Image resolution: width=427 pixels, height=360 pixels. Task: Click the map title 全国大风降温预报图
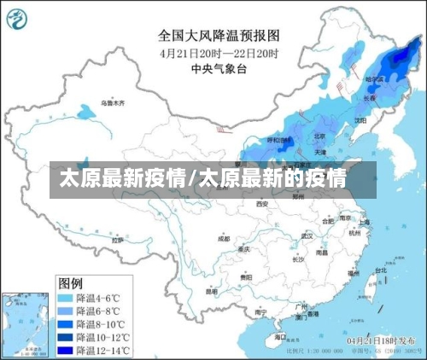[219, 36]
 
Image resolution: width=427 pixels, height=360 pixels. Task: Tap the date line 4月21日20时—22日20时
[219, 53]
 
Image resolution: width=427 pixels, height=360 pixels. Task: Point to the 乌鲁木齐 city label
[112, 103]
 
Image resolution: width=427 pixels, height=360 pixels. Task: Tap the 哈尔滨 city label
[374, 78]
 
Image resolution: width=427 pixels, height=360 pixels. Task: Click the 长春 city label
[370, 98]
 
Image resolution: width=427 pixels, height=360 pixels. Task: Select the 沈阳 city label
[360, 120]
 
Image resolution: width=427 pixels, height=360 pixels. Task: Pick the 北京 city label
[319, 136]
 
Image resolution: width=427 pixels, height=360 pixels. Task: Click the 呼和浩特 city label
[279, 140]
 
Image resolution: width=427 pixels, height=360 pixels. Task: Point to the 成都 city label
[224, 239]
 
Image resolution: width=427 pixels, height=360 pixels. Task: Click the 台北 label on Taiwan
[381, 270]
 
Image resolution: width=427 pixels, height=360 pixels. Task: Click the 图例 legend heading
[70, 282]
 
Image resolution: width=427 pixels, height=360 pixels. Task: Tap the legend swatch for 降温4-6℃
[65, 299]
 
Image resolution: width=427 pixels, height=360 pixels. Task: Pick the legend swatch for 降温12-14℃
[65, 350]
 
